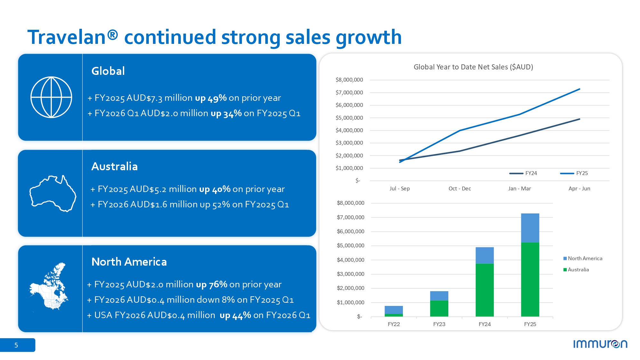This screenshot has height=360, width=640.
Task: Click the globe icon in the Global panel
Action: (51, 97)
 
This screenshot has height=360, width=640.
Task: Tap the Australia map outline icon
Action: (53, 193)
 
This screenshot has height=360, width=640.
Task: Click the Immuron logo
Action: (600, 344)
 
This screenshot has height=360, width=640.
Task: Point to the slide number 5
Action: (16, 345)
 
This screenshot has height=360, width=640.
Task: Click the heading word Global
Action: (108, 71)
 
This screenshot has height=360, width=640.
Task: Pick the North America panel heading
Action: (129, 262)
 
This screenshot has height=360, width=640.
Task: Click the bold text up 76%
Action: (212, 284)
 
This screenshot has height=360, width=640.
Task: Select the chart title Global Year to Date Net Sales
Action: (473, 67)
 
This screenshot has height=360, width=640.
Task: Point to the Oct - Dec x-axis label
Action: (460, 188)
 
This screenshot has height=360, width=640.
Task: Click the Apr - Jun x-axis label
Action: (579, 188)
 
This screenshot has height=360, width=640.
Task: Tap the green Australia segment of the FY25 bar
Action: (530, 279)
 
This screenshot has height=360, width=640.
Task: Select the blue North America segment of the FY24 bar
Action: (484, 255)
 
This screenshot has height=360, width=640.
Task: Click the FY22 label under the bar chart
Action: (394, 324)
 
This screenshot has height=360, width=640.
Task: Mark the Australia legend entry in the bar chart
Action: (577, 270)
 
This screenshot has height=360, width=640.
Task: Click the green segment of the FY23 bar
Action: (439, 308)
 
